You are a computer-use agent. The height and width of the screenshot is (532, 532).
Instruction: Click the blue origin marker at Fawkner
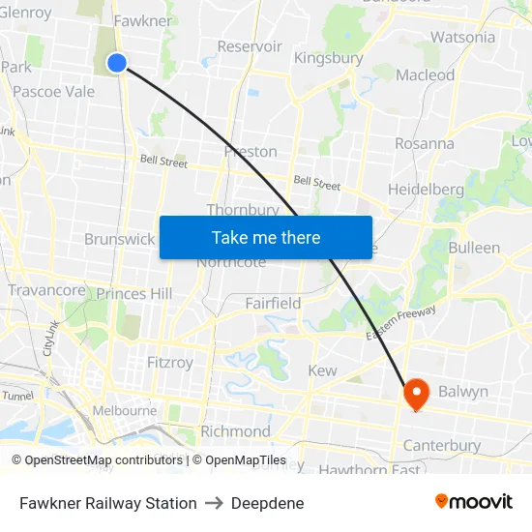pyautogui.click(x=117, y=63)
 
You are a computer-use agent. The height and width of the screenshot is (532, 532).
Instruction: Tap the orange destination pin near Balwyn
pyautogui.click(x=416, y=393)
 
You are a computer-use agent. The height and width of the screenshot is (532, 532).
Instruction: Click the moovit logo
pyautogui.click(x=474, y=501)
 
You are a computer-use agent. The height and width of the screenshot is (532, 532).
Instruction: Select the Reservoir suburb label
pyautogui.click(x=250, y=46)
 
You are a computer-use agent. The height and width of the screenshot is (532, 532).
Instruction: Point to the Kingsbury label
pyautogui.click(x=329, y=58)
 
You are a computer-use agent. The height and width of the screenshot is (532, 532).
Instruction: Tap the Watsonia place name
pyautogui.click(x=462, y=38)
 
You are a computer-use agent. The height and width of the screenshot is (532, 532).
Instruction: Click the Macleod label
pyautogui.click(x=425, y=74)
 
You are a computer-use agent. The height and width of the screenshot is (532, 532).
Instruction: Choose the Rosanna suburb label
pyautogui.click(x=424, y=143)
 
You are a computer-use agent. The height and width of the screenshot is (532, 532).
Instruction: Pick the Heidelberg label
pyautogui.click(x=426, y=190)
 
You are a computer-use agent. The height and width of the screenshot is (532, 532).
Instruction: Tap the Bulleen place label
pyautogui.click(x=474, y=248)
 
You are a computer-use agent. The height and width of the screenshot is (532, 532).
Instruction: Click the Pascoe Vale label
pyautogui.click(x=54, y=92)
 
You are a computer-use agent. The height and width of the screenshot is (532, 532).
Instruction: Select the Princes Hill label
pyautogui.click(x=133, y=293)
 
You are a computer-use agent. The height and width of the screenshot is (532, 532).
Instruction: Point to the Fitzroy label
pyautogui.click(x=169, y=363)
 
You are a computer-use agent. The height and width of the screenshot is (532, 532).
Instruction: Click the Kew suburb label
pyautogui.click(x=322, y=370)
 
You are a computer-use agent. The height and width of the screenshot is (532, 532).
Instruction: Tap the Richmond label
pyautogui.click(x=235, y=431)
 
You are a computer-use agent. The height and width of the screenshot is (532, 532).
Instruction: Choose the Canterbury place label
pyautogui.click(x=441, y=446)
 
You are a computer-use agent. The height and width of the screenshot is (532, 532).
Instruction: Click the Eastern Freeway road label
pyautogui.click(x=401, y=322)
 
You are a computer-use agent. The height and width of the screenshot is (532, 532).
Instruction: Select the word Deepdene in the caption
pyautogui.click(x=267, y=503)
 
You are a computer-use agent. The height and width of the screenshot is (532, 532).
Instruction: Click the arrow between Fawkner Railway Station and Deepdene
pyautogui.click(x=214, y=503)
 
